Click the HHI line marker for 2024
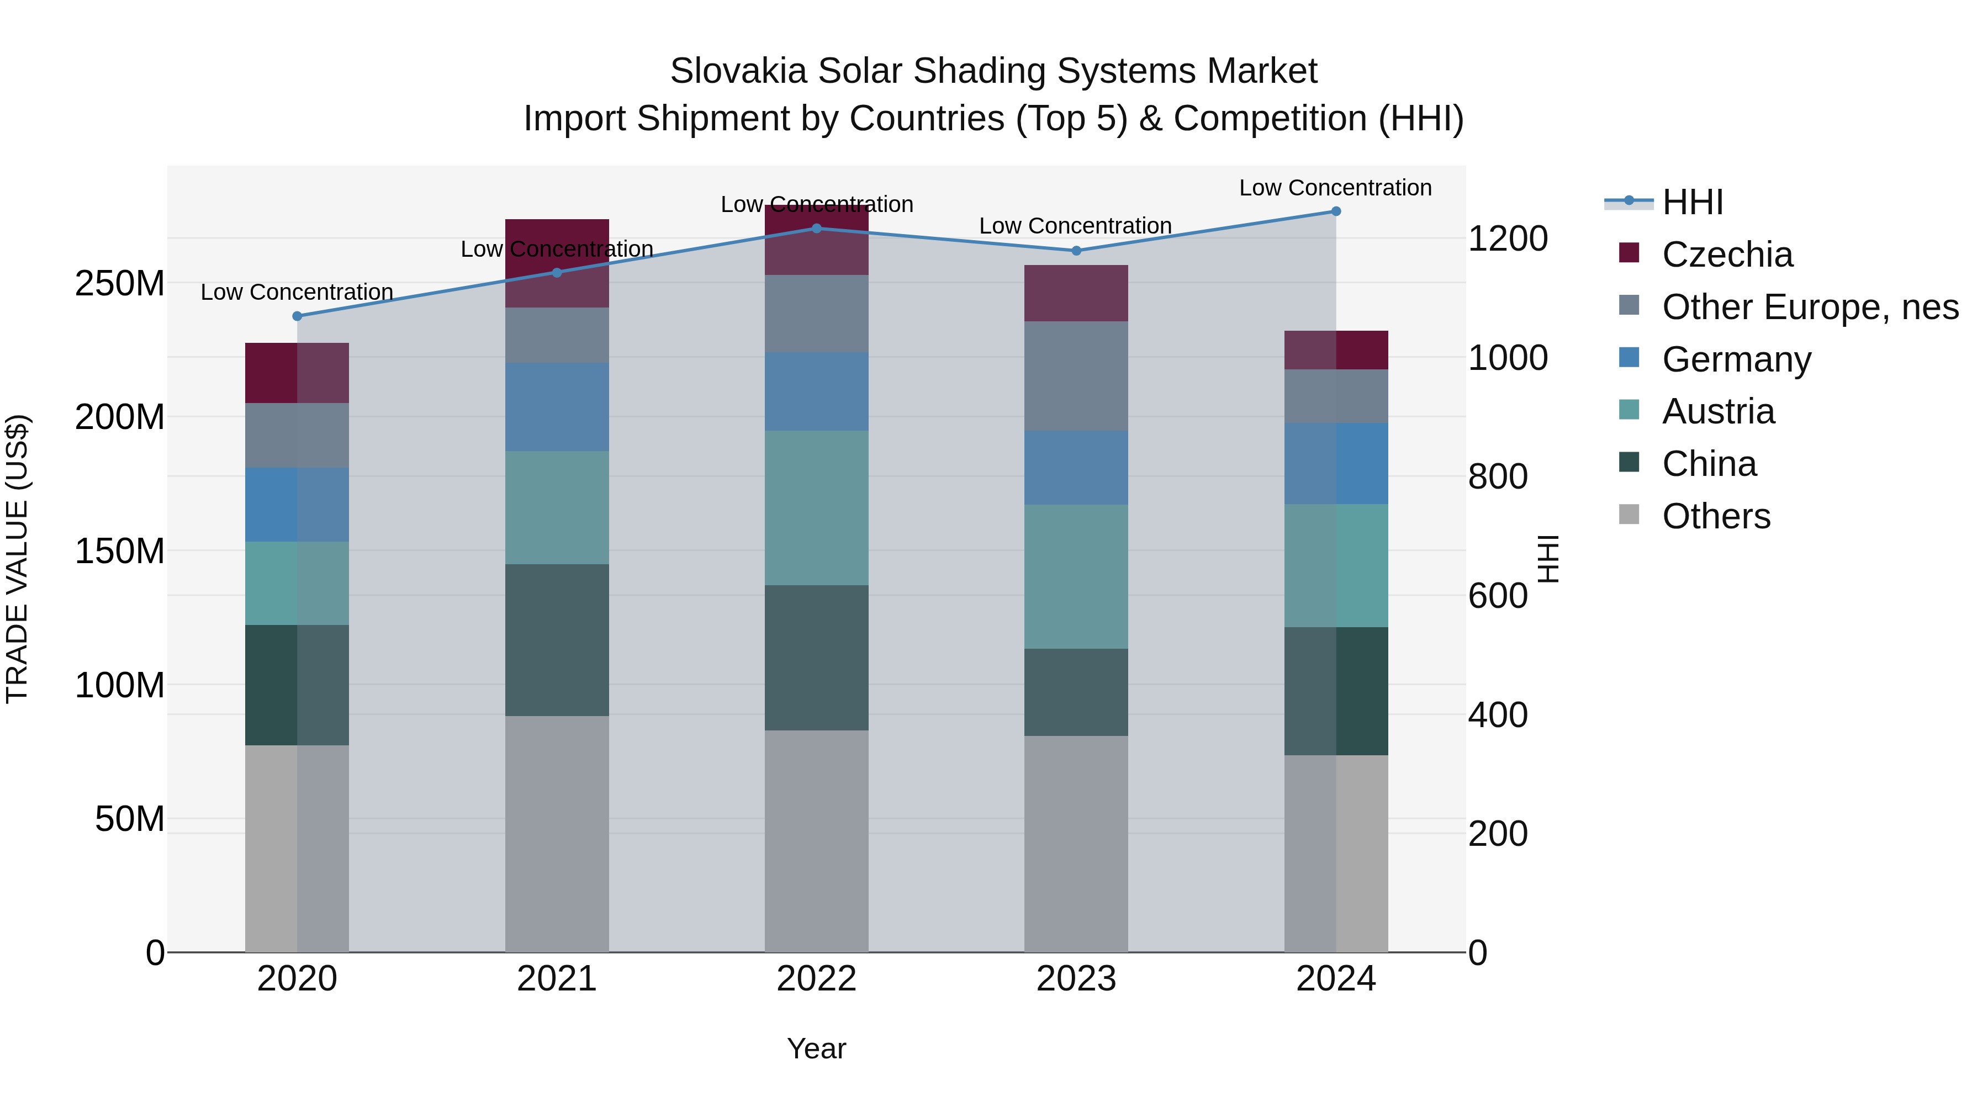tap(1336, 211)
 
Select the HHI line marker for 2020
tap(297, 316)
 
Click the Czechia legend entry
tap(1726, 255)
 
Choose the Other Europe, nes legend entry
tap(1809, 307)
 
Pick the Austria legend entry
tap(1718, 411)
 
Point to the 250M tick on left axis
tap(120, 284)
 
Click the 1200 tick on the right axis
tap(1507, 239)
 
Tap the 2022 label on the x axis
tap(817, 979)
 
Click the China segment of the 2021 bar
tap(557, 640)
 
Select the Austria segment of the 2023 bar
tap(1076, 576)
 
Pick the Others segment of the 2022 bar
tap(817, 841)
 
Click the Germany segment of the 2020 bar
tap(297, 505)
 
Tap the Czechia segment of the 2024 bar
tap(1336, 350)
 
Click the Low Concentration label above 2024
tap(1335, 188)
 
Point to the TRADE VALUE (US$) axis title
tap(17, 559)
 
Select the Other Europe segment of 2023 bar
tap(1076, 376)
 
